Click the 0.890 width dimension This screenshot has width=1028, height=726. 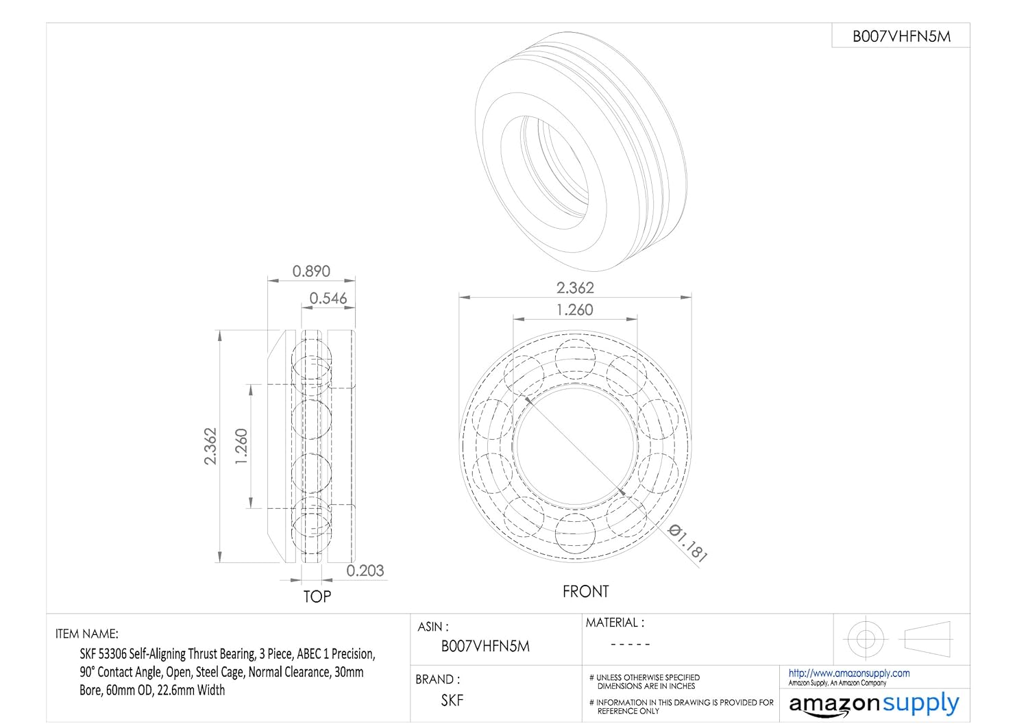pyautogui.click(x=311, y=271)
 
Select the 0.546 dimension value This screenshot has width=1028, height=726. pyautogui.click(x=328, y=298)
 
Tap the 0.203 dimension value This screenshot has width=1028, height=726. pyautogui.click(x=365, y=571)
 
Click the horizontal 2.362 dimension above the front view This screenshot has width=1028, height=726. pyautogui.click(x=575, y=288)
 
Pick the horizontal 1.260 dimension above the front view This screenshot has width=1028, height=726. pyautogui.click(x=575, y=310)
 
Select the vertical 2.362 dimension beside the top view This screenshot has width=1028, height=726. pyautogui.click(x=210, y=447)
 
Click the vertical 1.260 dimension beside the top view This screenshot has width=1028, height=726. pyautogui.click(x=241, y=447)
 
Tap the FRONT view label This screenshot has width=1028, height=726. pyautogui.click(x=585, y=591)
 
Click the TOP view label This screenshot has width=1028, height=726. pyautogui.click(x=317, y=596)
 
